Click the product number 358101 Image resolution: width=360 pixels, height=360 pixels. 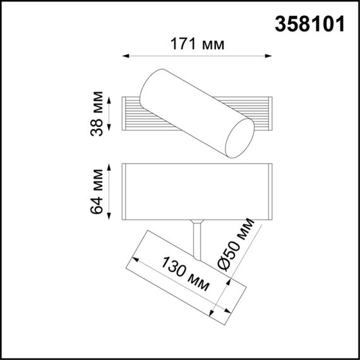coord(310,24)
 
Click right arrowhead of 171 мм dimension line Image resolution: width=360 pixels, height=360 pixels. coord(270,56)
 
